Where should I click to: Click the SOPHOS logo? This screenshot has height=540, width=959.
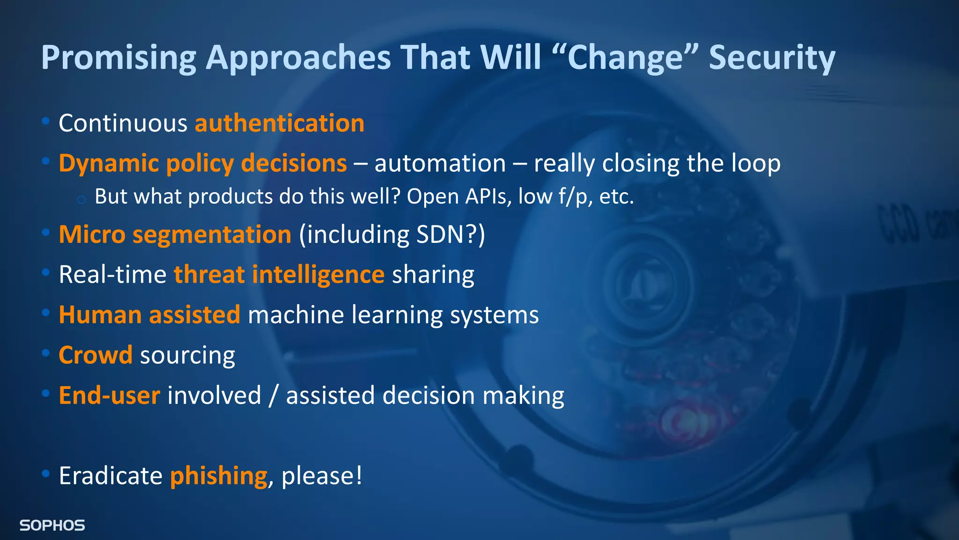coord(52,525)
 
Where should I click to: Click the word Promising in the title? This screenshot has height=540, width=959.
coord(118,58)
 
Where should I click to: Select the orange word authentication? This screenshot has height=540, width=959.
coord(280,123)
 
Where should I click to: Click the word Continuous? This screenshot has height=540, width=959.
coord(123,123)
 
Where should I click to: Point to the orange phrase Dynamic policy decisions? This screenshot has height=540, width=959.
coord(202,164)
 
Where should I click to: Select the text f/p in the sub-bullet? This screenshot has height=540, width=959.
coord(573,196)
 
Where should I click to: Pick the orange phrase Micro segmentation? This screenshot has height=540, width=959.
coord(175,234)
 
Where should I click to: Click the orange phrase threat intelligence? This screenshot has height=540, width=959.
coord(279,275)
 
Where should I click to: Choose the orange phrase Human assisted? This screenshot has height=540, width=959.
coord(149,315)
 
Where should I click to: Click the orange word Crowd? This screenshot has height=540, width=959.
coord(96,355)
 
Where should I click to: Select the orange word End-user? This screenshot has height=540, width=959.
coord(109,395)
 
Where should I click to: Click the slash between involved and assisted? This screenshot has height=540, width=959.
coord(273,396)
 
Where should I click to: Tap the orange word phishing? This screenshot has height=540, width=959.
coord(218,476)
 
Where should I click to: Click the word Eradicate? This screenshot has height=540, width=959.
coord(111,476)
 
